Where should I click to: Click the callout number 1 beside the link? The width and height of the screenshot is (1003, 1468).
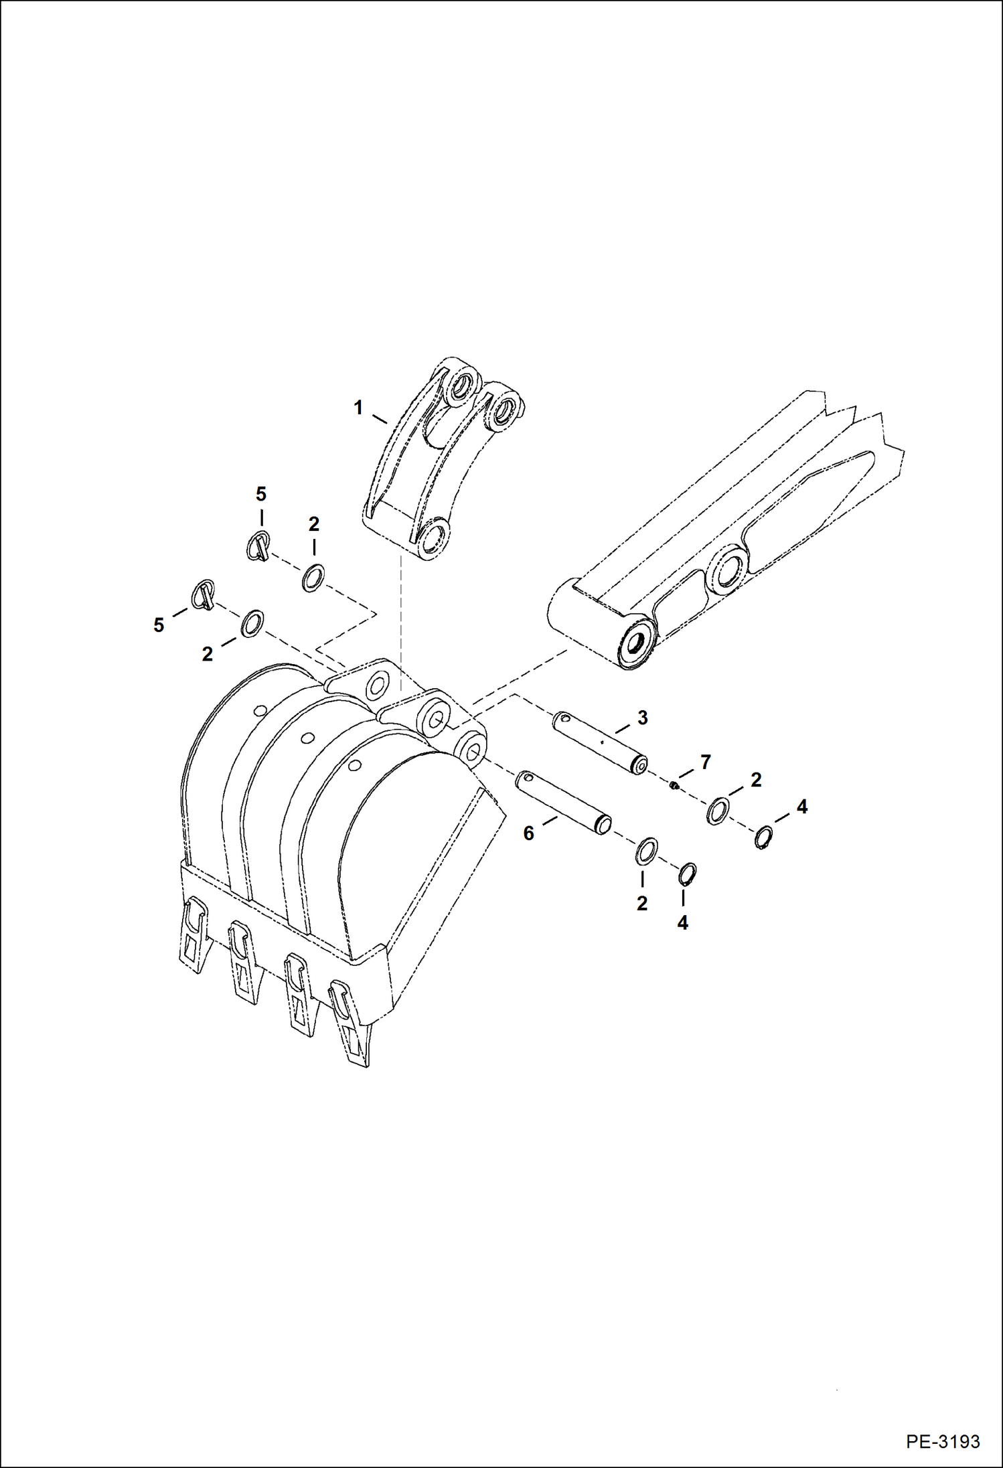[x=358, y=407]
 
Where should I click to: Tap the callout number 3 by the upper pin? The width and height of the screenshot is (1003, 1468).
[x=642, y=718]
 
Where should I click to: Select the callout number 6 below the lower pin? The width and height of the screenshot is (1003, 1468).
[x=529, y=833]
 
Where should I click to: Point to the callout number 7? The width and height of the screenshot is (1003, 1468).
[x=705, y=762]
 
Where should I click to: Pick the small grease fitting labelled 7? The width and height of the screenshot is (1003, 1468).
[x=675, y=785]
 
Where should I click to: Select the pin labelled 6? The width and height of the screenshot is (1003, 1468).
[x=562, y=803]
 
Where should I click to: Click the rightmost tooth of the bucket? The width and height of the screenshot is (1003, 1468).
[x=350, y=1022]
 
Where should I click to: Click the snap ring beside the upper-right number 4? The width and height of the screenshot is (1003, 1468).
[x=763, y=837]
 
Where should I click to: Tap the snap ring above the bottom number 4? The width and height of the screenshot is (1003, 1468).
[x=687, y=874]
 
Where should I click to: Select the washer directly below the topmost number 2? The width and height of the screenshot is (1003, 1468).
[x=313, y=578]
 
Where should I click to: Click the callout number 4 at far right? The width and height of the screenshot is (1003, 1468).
[x=801, y=807]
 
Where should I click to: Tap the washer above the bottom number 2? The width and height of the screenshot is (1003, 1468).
[x=645, y=851]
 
